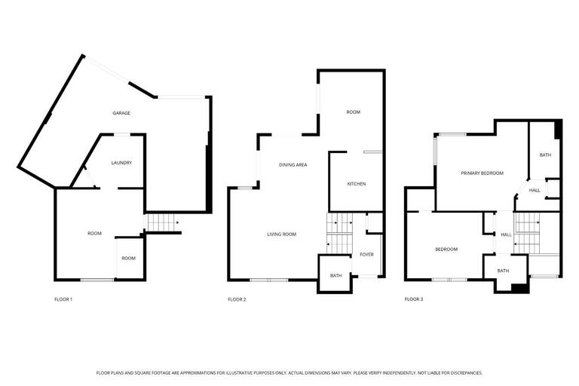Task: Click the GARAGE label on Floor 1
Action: point(121,113)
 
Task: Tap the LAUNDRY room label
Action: point(121,163)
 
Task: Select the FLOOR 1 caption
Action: point(63,299)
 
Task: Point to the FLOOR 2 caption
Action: point(237,299)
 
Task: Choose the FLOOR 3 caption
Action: point(413,299)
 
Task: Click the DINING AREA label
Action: point(293,164)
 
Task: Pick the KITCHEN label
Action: point(356,184)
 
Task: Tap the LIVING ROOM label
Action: point(281,234)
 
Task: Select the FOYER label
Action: point(366,255)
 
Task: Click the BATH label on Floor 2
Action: point(335,275)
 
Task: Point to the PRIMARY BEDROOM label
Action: point(482,173)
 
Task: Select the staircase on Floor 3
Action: point(527,234)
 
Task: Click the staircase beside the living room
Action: point(339,234)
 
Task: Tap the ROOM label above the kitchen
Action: point(353,112)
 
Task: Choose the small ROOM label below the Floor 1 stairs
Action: point(129,259)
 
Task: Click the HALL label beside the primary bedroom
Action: point(534,190)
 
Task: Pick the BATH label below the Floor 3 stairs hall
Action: point(502,271)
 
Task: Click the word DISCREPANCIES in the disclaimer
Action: point(461,372)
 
